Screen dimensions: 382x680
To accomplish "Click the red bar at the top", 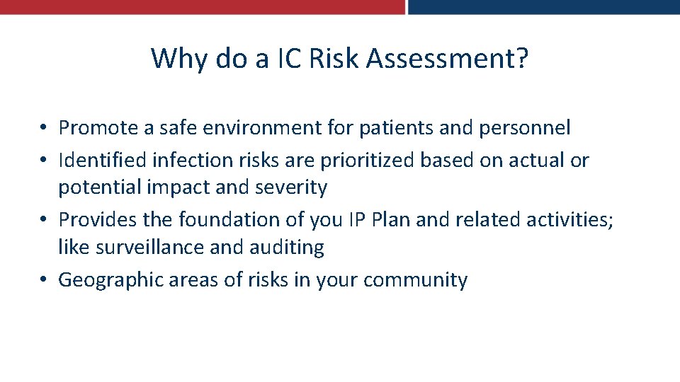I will [202, 6].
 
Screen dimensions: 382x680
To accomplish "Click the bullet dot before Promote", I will [43, 129].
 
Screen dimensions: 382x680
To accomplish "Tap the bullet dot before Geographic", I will [43, 281].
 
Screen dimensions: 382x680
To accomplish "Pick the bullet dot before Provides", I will [43, 221].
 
